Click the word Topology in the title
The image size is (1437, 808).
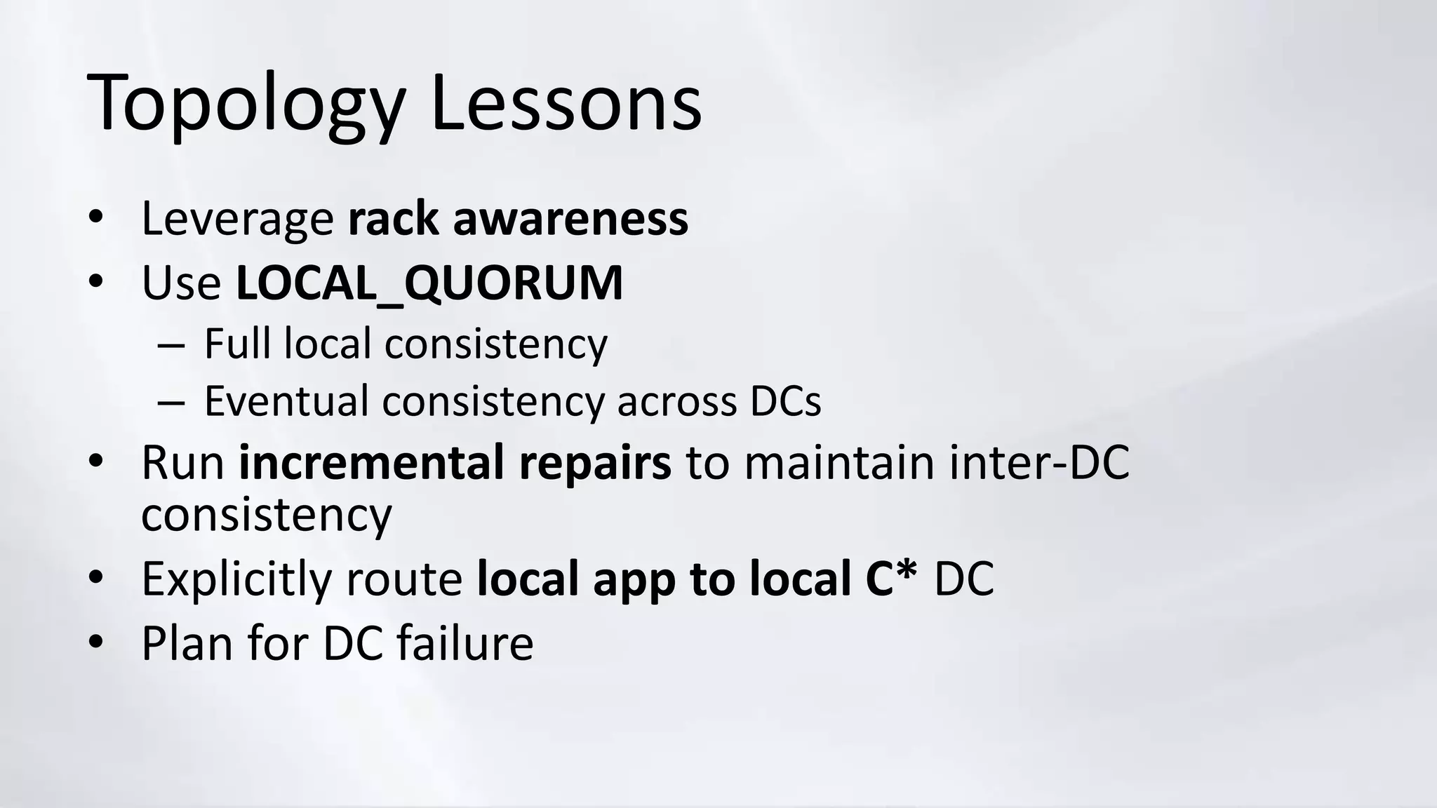246,104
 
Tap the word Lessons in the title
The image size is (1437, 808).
566,104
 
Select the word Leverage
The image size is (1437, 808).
237,219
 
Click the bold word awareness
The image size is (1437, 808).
570,219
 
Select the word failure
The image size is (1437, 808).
464,642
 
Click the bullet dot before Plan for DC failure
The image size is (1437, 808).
96,641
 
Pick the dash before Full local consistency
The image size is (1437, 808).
171,345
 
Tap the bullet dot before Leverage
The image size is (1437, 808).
96,217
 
